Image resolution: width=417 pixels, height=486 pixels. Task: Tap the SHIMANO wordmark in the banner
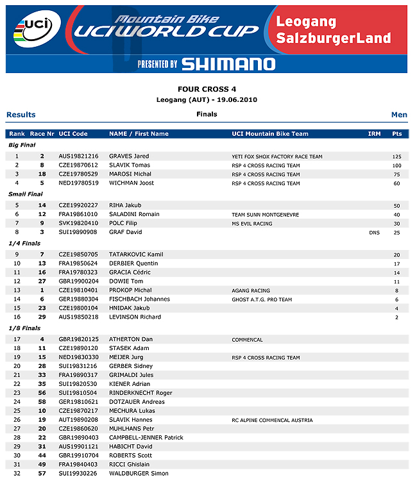click(x=228, y=63)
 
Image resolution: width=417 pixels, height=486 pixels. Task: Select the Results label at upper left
click(x=21, y=115)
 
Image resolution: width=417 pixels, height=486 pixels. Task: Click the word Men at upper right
click(x=399, y=115)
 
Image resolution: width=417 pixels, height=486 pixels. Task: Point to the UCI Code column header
click(x=73, y=134)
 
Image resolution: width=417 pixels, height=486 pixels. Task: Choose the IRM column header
click(x=374, y=134)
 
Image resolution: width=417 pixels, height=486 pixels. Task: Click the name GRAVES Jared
click(x=129, y=156)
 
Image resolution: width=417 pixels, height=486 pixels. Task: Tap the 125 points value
click(x=396, y=156)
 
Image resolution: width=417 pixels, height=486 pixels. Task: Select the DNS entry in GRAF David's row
click(x=374, y=232)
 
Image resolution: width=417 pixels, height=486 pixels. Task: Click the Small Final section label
click(x=26, y=194)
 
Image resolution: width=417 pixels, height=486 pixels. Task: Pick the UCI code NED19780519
click(x=78, y=183)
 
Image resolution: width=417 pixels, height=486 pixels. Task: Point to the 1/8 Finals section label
click(x=24, y=328)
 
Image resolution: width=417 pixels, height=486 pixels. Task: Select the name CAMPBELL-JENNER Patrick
click(x=146, y=438)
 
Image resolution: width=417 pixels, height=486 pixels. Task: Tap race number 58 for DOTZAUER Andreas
click(x=42, y=402)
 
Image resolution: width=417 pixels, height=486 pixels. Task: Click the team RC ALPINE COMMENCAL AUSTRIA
click(x=273, y=421)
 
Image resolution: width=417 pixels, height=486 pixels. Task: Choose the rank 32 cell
click(x=17, y=473)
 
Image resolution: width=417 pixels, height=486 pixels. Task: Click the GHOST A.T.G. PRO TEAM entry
click(x=262, y=299)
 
